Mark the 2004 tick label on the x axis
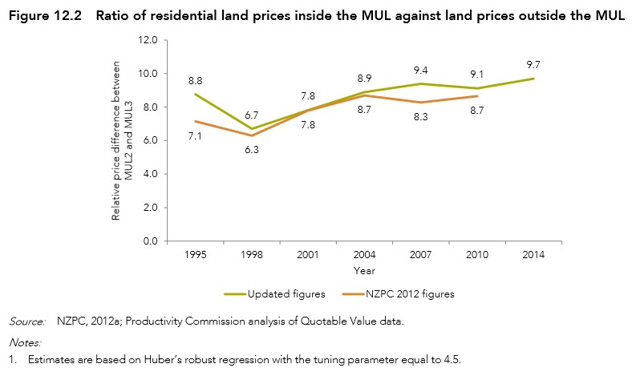[364, 255]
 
